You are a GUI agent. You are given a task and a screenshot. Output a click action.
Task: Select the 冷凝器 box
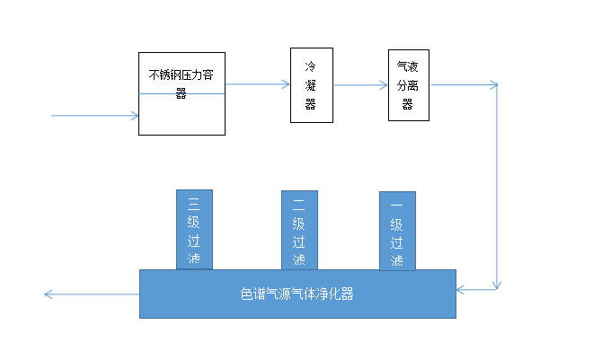pyautogui.click(x=312, y=85)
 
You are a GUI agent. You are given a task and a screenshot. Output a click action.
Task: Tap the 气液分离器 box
pyautogui.click(x=408, y=85)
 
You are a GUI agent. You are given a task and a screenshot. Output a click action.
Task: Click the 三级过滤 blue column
pyautogui.click(x=194, y=230)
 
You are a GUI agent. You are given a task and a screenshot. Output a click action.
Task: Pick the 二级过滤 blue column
pyautogui.click(x=299, y=230)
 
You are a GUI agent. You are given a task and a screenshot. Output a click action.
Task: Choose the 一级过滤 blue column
pyautogui.click(x=397, y=231)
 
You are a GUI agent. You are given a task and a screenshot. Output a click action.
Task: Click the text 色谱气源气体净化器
pyautogui.click(x=297, y=294)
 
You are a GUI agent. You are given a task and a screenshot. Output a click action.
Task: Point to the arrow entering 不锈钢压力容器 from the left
pyautogui.click(x=94, y=116)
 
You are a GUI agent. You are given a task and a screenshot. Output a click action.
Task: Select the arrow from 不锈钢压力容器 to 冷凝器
pyautogui.click(x=256, y=85)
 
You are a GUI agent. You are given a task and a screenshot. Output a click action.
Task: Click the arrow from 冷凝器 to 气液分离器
pyautogui.click(x=359, y=85)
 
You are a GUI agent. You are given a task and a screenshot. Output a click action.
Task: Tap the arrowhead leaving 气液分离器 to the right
pyautogui.click(x=493, y=85)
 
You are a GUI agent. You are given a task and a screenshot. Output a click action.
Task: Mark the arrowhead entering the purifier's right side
pyautogui.click(x=462, y=289)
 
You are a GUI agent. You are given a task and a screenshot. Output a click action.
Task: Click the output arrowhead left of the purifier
pyautogui.click(x=50, y=294)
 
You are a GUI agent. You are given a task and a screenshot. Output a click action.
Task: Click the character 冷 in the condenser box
pyautogui.click(x=311, y=67)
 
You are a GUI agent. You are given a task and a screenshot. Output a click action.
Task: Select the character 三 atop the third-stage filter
pyautogui.click(x=194, y=203)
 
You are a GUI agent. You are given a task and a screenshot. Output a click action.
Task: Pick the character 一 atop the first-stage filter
pyautogui.click(x=396, y=206)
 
